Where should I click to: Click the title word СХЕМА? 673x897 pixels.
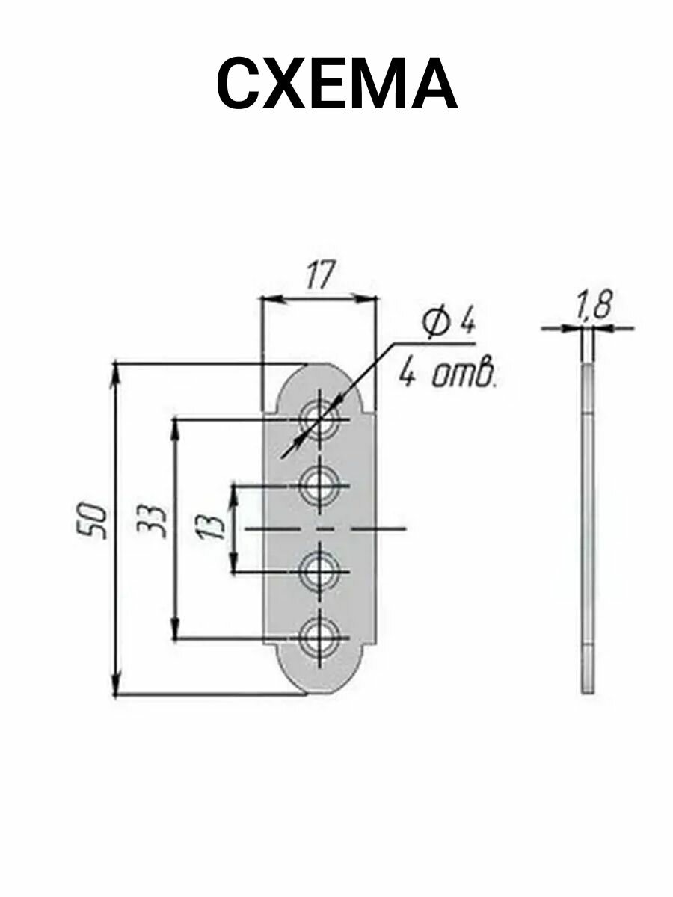tap(336, 85)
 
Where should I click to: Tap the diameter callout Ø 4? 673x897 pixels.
tap(449, 326)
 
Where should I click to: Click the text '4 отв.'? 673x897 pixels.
tap(448, 374)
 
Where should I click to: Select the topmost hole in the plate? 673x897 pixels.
tap(319, 419)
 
